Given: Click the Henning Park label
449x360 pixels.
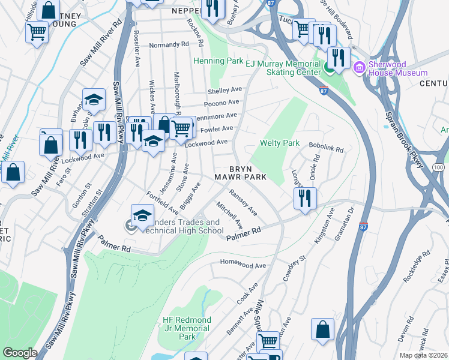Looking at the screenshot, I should (217, 61).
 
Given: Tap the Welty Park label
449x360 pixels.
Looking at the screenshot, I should (279, 143).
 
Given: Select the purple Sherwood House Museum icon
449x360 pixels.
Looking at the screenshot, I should (360, 67).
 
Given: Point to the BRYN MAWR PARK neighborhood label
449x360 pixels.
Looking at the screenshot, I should (241, 173).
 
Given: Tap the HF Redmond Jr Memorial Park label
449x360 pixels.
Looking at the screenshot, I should (186, 328).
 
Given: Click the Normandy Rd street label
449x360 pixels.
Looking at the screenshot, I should (169, 45).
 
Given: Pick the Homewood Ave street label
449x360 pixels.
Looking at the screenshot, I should (243, 265).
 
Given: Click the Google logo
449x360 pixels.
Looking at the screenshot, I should (20, 352).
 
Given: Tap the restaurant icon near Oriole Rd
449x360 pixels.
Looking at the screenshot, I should (306, 199).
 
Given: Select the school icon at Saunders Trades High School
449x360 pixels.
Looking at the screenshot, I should (142, 215).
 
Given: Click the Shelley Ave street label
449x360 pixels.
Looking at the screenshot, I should (224, 91).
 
